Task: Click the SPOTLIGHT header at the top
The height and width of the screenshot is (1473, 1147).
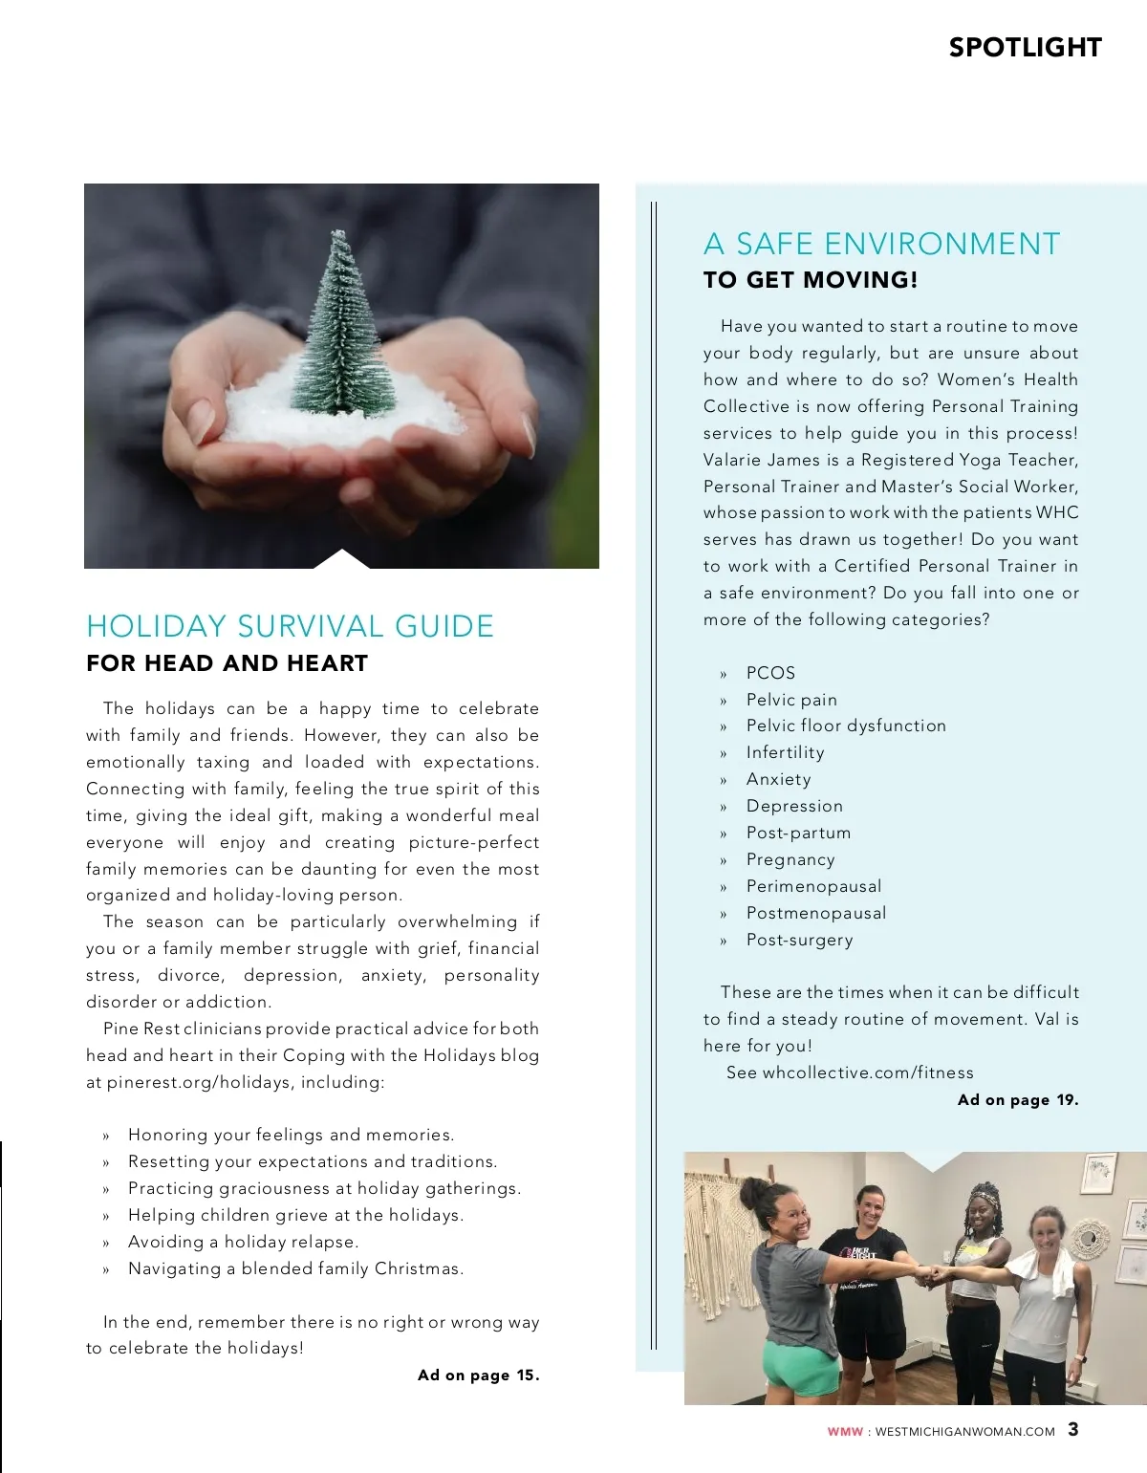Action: coord(1025,48)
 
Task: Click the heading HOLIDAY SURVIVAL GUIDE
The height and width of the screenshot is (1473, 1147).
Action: coord(290,626)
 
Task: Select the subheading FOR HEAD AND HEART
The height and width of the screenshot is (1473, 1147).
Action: coord(227,663)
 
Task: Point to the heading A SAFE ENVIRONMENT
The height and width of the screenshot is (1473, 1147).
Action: coord(881,244)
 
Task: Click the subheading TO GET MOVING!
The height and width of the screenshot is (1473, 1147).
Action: coord(811,280)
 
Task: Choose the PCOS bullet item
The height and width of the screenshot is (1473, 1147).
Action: coord(770,673)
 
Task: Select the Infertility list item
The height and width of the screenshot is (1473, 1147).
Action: coord(785,753)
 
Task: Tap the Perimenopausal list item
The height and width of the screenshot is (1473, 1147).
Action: coord(813,887)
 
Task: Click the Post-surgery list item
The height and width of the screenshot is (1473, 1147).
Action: coord(799,941)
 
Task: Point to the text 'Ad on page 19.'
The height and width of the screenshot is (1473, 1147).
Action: coord(1018,1100)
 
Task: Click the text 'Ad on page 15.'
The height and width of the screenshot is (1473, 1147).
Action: coord(478,1376)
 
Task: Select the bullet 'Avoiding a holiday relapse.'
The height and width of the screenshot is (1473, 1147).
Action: coord(244,1243)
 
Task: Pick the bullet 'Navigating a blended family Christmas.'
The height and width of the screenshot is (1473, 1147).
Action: coord(296,1269)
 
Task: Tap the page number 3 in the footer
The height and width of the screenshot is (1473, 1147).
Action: coord(1073,1430)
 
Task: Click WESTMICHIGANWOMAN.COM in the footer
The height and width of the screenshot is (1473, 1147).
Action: coord(964,1432)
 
